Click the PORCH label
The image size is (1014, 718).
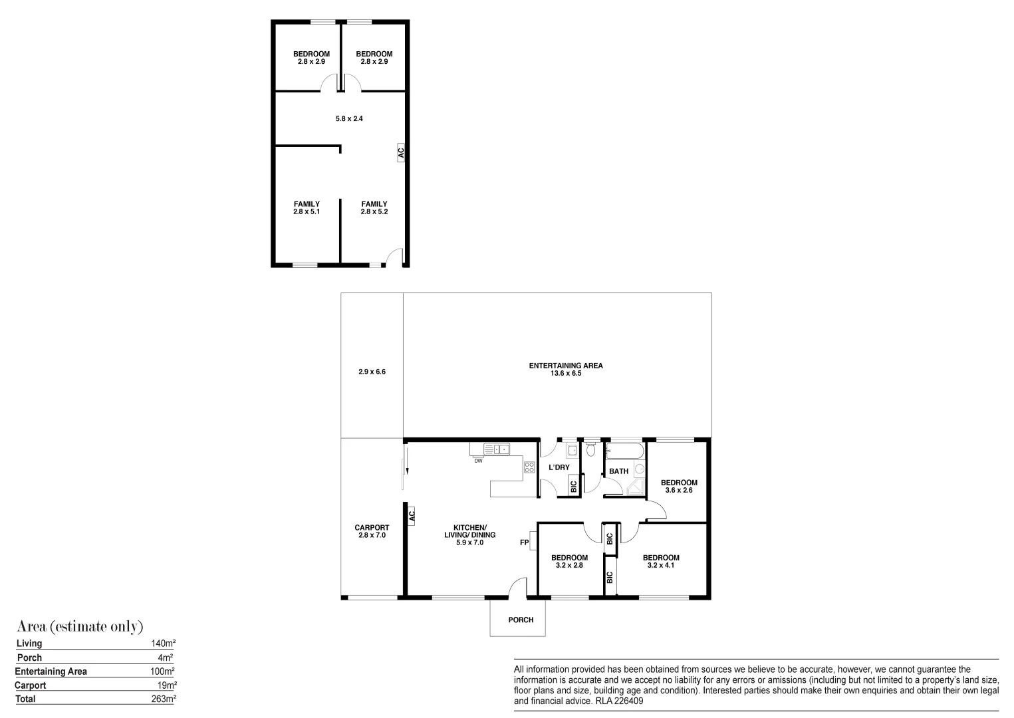click(x=521, y=620)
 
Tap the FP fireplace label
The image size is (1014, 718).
click(x=524, y=542)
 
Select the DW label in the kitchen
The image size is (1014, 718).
click(x=478, y=461)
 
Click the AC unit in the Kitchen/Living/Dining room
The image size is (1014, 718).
click(x=411, y=515)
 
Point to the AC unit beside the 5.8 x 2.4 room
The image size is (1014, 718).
click(x=400, y=152)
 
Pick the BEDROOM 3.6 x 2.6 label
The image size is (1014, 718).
click(x=678, y=487)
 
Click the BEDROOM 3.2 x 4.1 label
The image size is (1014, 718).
click(x=660, y=562)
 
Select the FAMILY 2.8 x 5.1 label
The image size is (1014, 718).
click(x=307, y=208)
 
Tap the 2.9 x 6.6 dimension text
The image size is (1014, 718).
click(x=372, y=372)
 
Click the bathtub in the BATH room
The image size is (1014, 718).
click(x=624, y=451)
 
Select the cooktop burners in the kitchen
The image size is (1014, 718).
click(x=529, y=467)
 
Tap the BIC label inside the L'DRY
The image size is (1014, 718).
click(x=574, y=487)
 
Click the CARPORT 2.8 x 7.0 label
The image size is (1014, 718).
click(x=372, y=531)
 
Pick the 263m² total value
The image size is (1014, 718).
click(x=163, y=699)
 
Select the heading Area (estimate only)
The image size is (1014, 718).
click(x=80, y=626)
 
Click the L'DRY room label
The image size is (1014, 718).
click(x=559, y=467)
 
